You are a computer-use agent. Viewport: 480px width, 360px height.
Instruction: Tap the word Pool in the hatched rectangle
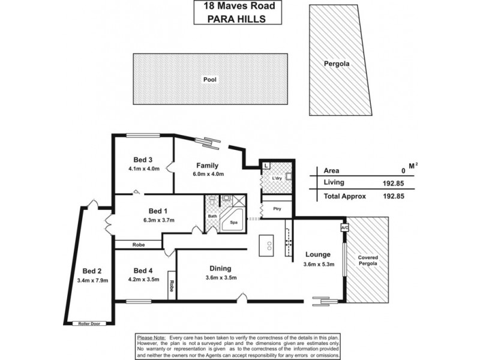209,79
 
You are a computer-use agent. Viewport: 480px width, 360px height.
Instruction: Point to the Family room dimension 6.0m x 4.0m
209,175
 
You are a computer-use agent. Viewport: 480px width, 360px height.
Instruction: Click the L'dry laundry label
277,179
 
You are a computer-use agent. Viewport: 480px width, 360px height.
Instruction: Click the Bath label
212,216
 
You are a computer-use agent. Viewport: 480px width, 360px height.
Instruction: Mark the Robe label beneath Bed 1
139,244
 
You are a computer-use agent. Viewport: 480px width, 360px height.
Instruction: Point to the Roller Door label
89,323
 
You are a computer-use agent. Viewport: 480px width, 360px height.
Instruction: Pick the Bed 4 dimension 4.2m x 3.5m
143,279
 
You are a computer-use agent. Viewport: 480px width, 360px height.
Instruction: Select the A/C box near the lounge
344,228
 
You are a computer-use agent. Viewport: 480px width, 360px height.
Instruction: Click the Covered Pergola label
368,260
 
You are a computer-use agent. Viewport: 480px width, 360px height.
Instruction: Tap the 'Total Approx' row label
344,196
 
